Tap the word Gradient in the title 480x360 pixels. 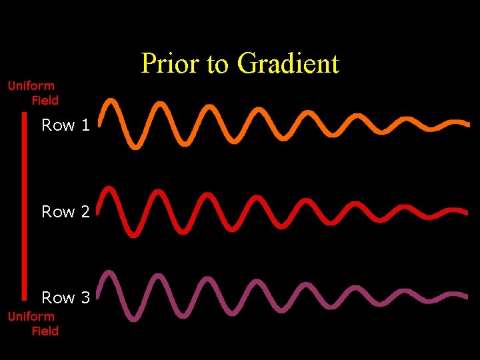[288, 64]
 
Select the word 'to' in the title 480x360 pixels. [218, 65]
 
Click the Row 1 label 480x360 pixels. [65, 125]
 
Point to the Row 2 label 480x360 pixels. [65, 211]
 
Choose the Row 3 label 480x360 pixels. [65, 297]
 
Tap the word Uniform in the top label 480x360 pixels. [31, 85]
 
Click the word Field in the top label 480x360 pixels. [45, 100]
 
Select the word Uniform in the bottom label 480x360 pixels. [31, 316]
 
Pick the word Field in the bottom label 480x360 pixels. [45, 331]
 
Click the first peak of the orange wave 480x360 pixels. [112, 102]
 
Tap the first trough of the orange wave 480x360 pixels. [135, 144]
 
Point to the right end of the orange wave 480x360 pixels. [466, 124]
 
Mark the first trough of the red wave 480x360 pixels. [135, 233]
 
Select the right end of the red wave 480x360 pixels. [466, 212]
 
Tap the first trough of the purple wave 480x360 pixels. [135, 318]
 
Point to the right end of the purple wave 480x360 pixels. [466, 296]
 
